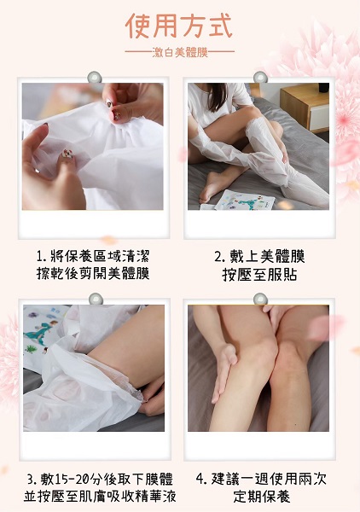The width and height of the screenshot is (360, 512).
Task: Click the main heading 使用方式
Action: (179, 26)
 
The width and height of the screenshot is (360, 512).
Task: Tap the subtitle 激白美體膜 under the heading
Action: (180, 52)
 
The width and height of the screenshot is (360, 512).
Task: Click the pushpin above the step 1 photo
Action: (95, 78)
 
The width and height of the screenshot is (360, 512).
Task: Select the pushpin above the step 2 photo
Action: (260, 78)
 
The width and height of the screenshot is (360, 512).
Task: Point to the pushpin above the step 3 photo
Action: (96, 300)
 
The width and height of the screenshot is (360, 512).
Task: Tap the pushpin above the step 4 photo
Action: (260, 300)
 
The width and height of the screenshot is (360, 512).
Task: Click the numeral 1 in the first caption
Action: (40, 257)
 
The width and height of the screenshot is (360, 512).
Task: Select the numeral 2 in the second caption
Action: (218, 257)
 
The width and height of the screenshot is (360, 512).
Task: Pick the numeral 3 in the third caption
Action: (31, 480)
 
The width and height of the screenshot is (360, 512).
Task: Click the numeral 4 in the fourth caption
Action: (200, 479)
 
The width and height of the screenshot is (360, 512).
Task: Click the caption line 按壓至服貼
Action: (259, 274)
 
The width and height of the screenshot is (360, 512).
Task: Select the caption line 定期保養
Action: (262, 497)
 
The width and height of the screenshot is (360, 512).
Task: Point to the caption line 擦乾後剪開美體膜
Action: (93, 274)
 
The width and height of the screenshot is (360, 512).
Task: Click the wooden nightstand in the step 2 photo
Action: (305, 106)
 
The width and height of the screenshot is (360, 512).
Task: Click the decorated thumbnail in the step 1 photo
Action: (67, 153)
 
